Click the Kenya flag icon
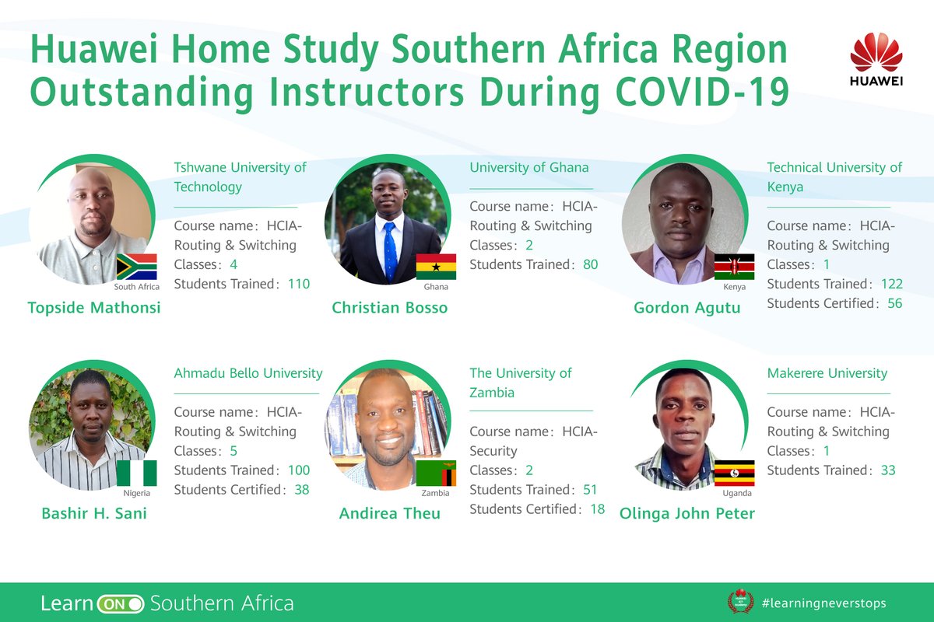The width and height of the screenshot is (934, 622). pyautogui.click(x=734, y=267)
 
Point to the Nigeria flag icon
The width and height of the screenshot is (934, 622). pyautogui.click(x=136, y=473)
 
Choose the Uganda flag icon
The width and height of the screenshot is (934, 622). pyautogui.click(x=734, y=473)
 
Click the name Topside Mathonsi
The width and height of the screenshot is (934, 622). pyautogui.click(x=94, y=307)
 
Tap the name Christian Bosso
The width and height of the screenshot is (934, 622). pyautogui.click(x=390, y=307)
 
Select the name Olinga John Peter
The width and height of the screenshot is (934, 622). pyautogui.click(x=686, y=513)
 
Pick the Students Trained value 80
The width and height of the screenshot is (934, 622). pyautogui.click(x=590, y=264)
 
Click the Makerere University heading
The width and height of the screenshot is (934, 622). pyautogui.click(x=827, y=373)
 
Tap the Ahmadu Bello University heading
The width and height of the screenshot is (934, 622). pyautogui.click(x=248, y=373)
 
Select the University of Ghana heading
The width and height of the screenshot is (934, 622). pyautogui.click(x=529, y=167)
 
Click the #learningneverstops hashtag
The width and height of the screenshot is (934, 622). pyautogui.click(x=823, y=603)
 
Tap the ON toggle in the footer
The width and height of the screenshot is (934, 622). pyautogui.click(x=121, y=603)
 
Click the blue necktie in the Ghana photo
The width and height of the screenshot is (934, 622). pyautogui.click(x=390, y=249)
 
